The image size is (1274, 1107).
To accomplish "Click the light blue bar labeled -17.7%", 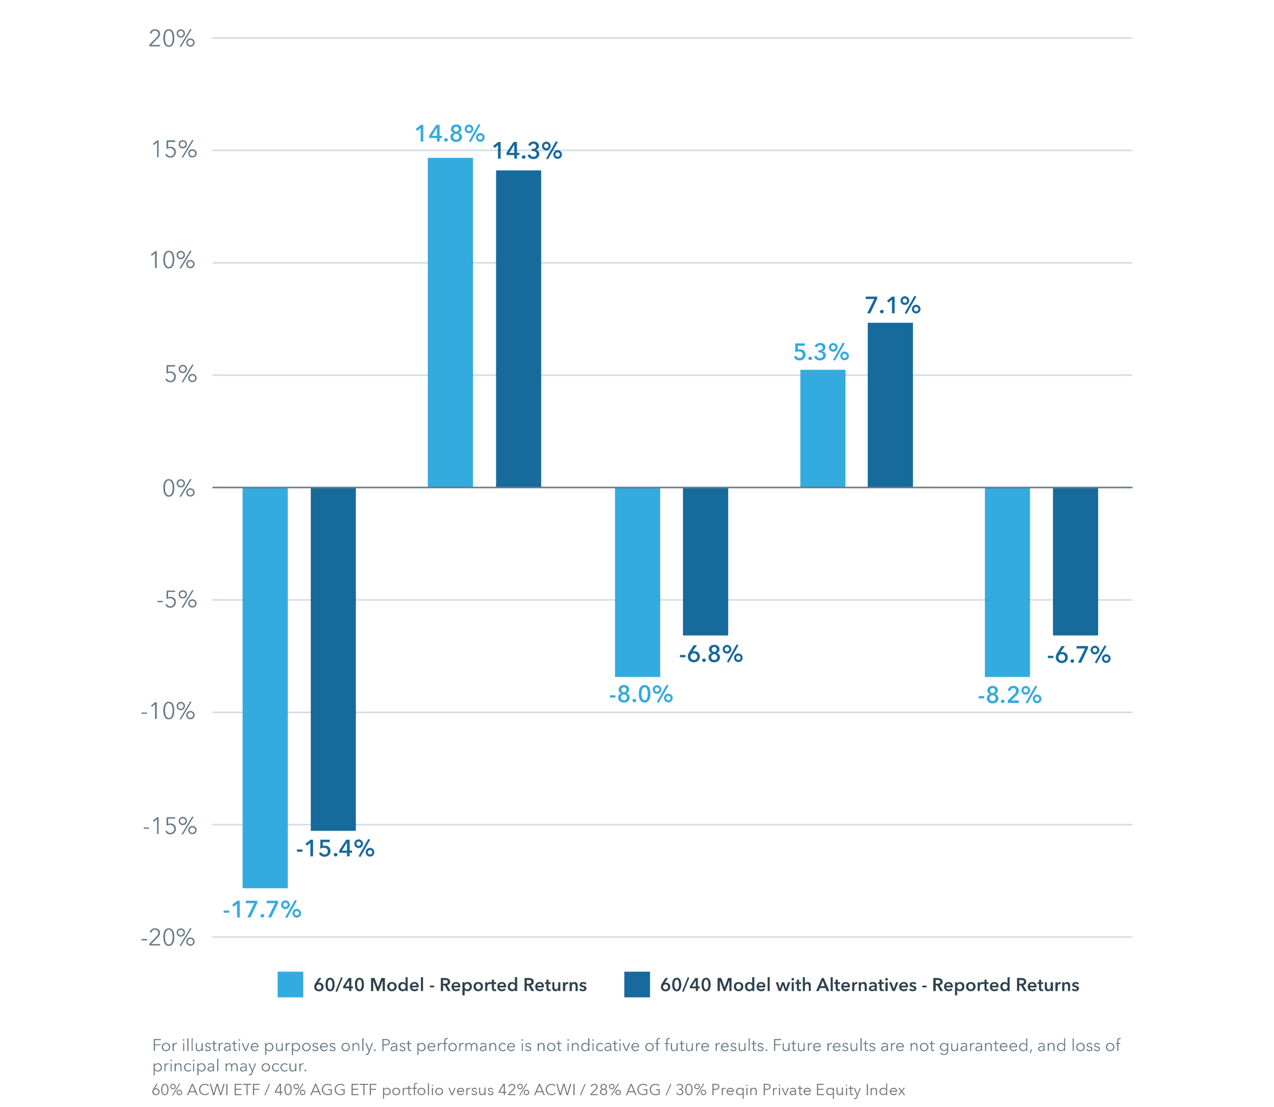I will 265,688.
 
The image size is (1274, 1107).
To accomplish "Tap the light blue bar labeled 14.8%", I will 451,322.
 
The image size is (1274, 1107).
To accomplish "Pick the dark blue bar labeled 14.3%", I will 518,329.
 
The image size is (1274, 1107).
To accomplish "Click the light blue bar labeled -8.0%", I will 637,582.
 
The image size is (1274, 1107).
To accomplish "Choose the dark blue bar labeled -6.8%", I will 706,561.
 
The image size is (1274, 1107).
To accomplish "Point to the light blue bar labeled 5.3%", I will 823,429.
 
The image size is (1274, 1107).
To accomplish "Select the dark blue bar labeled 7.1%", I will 890,405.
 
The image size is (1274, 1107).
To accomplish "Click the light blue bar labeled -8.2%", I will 1008,582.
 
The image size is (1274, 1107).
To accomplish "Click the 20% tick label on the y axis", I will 171,39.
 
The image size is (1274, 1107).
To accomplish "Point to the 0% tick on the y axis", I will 178,488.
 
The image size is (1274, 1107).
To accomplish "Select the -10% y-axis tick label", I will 168,713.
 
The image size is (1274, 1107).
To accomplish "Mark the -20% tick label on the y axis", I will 168,939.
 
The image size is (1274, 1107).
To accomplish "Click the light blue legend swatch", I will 290,985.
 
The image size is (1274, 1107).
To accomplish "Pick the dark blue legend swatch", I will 637,985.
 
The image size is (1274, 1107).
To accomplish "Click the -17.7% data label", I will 262,910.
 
